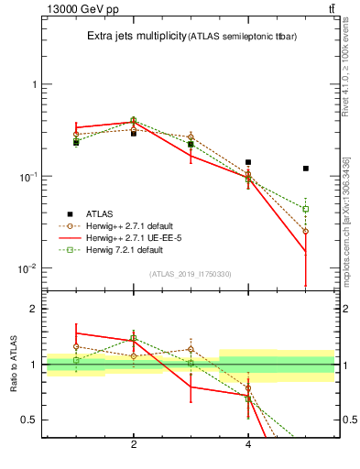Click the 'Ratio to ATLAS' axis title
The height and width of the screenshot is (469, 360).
tap(13, 365)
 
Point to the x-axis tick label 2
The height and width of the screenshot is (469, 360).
tap(134, 445)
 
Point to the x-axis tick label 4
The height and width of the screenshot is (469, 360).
tap(248, 445)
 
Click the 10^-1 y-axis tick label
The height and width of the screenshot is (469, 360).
tap(27, 176)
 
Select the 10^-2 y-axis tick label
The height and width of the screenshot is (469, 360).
tap(27, 268)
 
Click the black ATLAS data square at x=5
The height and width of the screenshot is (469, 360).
tap(306, 169)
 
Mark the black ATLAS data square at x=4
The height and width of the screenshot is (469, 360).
tap(248, 162)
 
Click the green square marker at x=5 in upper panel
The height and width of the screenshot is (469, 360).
tap(306, 209)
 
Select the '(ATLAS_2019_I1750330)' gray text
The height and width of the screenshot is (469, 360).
tap(189, 274)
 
